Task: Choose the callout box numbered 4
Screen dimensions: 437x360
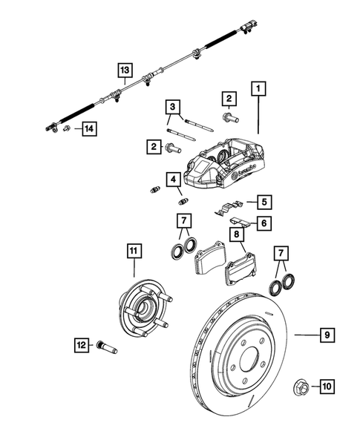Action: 171,179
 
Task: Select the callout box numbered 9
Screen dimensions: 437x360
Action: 326,336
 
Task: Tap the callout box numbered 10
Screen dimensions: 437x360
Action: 327,385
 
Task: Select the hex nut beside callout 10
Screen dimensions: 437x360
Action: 302,385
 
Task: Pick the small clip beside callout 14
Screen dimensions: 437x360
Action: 68,129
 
